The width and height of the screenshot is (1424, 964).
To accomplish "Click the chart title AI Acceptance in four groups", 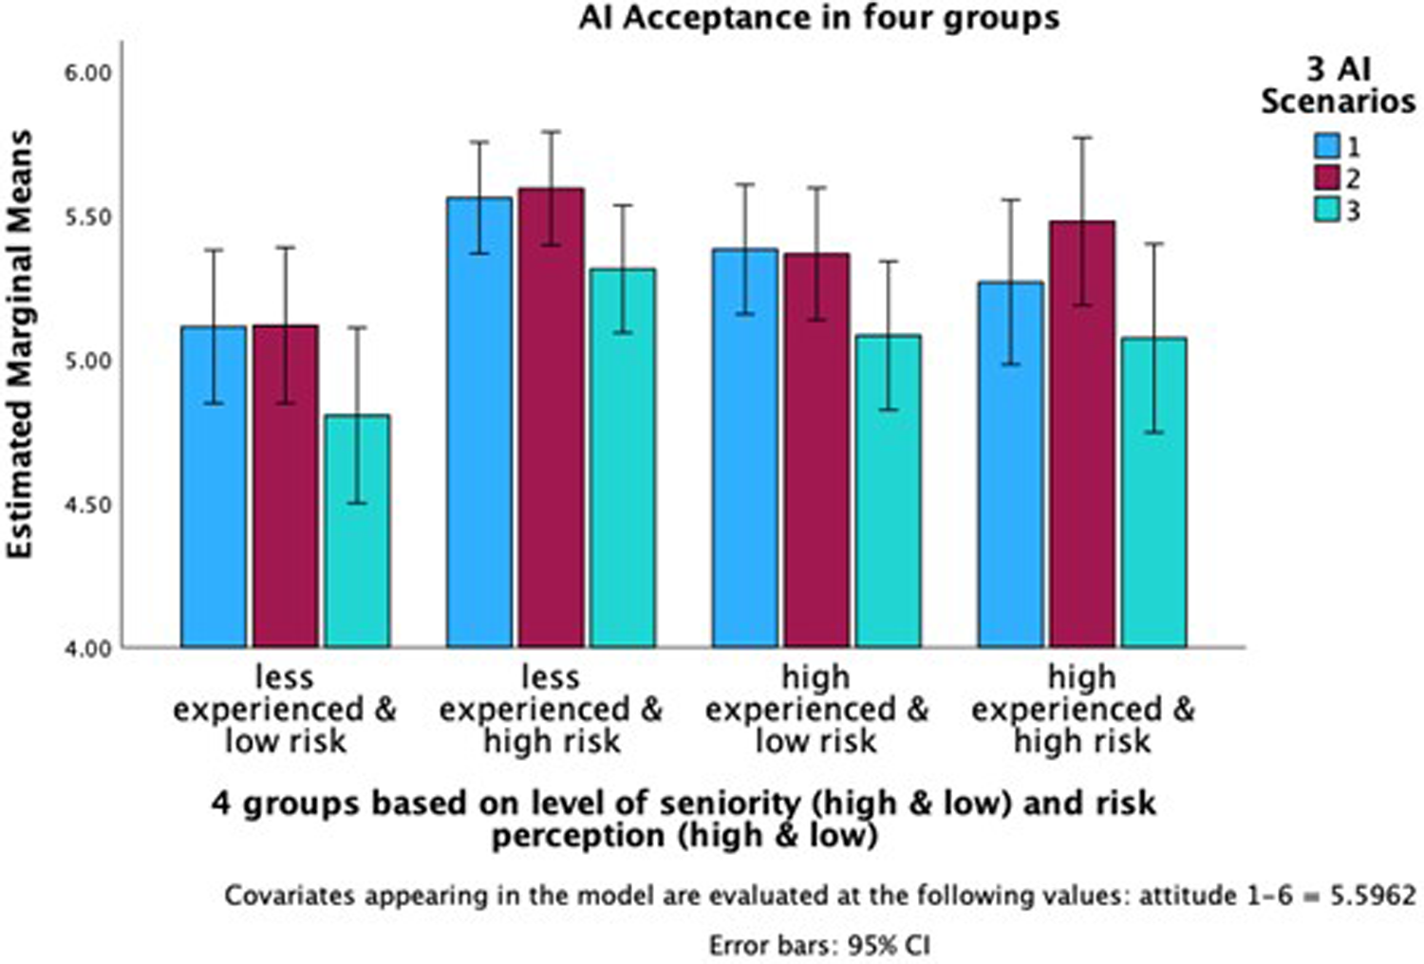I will coord(818,17).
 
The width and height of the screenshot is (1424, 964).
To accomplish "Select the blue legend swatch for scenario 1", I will coord(1325,146).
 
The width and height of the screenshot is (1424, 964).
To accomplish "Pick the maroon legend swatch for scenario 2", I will coord(1325,177).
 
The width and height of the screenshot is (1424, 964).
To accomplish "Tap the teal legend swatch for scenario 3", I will coord(1325,210).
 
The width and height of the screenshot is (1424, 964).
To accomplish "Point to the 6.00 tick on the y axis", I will coord(87,73).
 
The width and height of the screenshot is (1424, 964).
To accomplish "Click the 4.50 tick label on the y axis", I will coord(87,505).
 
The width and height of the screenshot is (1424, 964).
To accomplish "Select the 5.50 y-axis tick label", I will coord(87,217).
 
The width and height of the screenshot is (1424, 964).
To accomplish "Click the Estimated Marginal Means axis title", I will coord(21,343).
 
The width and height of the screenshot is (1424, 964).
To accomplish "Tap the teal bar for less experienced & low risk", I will coord(357,531).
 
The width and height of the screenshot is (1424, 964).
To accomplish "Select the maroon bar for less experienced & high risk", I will coord(552,417).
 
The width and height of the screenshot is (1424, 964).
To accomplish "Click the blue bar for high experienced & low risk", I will coord(745,448).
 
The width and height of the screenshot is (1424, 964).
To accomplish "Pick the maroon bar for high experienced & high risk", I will coord(1082,434).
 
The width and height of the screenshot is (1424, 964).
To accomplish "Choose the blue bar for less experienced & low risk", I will coord(214,487).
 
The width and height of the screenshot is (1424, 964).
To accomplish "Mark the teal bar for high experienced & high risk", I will coord(1153,492).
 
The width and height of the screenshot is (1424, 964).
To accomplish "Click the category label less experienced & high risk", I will coord(551,710).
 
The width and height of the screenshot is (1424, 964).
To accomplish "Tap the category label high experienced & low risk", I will coord(816,710).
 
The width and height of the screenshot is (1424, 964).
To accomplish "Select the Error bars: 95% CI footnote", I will coord(818,946).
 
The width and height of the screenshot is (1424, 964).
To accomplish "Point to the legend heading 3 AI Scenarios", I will coord(1338,84).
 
